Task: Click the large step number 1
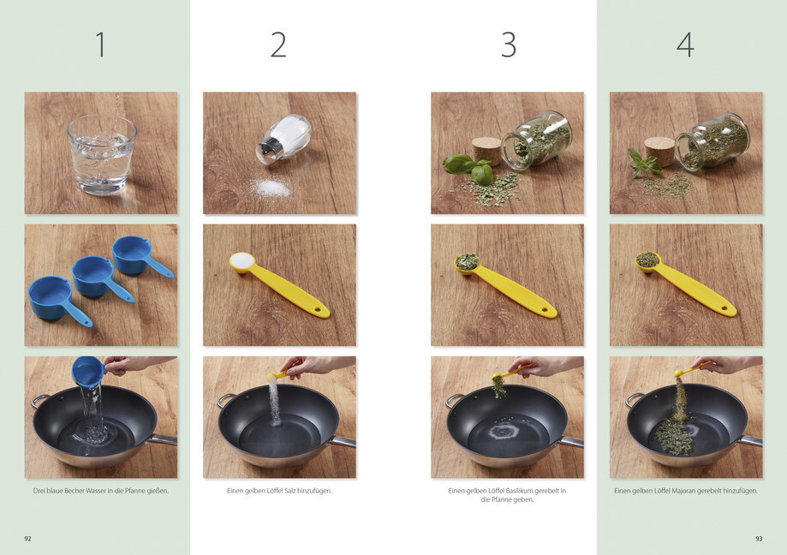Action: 101,45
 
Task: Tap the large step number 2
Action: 278,45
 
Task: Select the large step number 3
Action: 509,45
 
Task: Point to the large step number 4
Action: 686,45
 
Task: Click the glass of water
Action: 102,154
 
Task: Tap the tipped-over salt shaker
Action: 283,139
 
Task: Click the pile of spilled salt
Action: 271,188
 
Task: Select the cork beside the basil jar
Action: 486,150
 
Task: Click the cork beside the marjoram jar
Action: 660,151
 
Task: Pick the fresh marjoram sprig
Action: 643,163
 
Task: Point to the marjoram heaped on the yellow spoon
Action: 648,260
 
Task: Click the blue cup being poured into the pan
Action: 89,372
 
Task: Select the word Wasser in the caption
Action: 97,491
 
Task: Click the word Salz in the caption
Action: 290,491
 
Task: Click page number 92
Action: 27,539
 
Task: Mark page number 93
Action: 759,539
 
